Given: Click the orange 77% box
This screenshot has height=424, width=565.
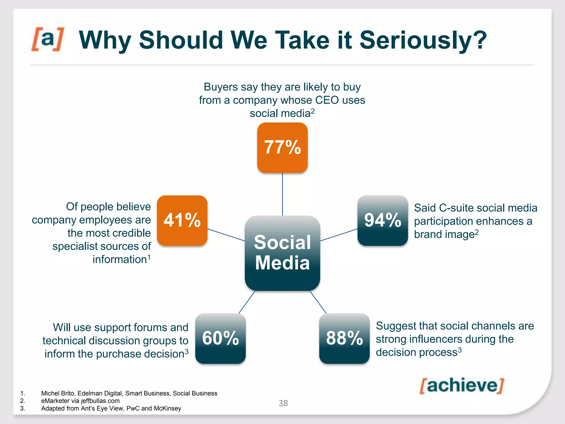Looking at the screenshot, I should click(282, 148).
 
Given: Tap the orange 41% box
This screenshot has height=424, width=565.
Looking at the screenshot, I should click(182, 221).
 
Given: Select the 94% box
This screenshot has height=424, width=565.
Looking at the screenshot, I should click(383, 221).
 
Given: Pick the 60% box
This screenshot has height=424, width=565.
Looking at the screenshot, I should click(220, 338).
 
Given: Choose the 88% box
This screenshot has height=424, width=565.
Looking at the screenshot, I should click(344, 338).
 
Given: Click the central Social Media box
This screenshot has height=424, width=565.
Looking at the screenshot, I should click(282, 253).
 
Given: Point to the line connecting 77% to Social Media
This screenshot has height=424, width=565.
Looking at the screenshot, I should click(282, 194).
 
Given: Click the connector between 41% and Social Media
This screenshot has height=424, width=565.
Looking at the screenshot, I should click(226, 235).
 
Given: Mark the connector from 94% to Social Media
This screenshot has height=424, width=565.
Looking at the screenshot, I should click(339, 235).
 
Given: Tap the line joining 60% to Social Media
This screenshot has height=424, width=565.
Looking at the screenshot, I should click(247, 302).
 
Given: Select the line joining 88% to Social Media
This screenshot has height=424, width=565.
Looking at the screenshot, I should click(318, 302).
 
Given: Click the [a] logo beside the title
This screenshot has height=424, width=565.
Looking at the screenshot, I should click(48, 39).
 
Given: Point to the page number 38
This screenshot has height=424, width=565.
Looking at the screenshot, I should click(283, 403).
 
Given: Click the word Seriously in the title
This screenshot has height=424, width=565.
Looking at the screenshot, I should click(423, 40).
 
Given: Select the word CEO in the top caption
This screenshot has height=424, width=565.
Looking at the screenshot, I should click(327, 100).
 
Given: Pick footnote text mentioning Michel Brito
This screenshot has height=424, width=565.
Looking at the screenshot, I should click(129, 393).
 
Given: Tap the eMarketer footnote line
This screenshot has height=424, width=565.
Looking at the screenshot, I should click(80, 401).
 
